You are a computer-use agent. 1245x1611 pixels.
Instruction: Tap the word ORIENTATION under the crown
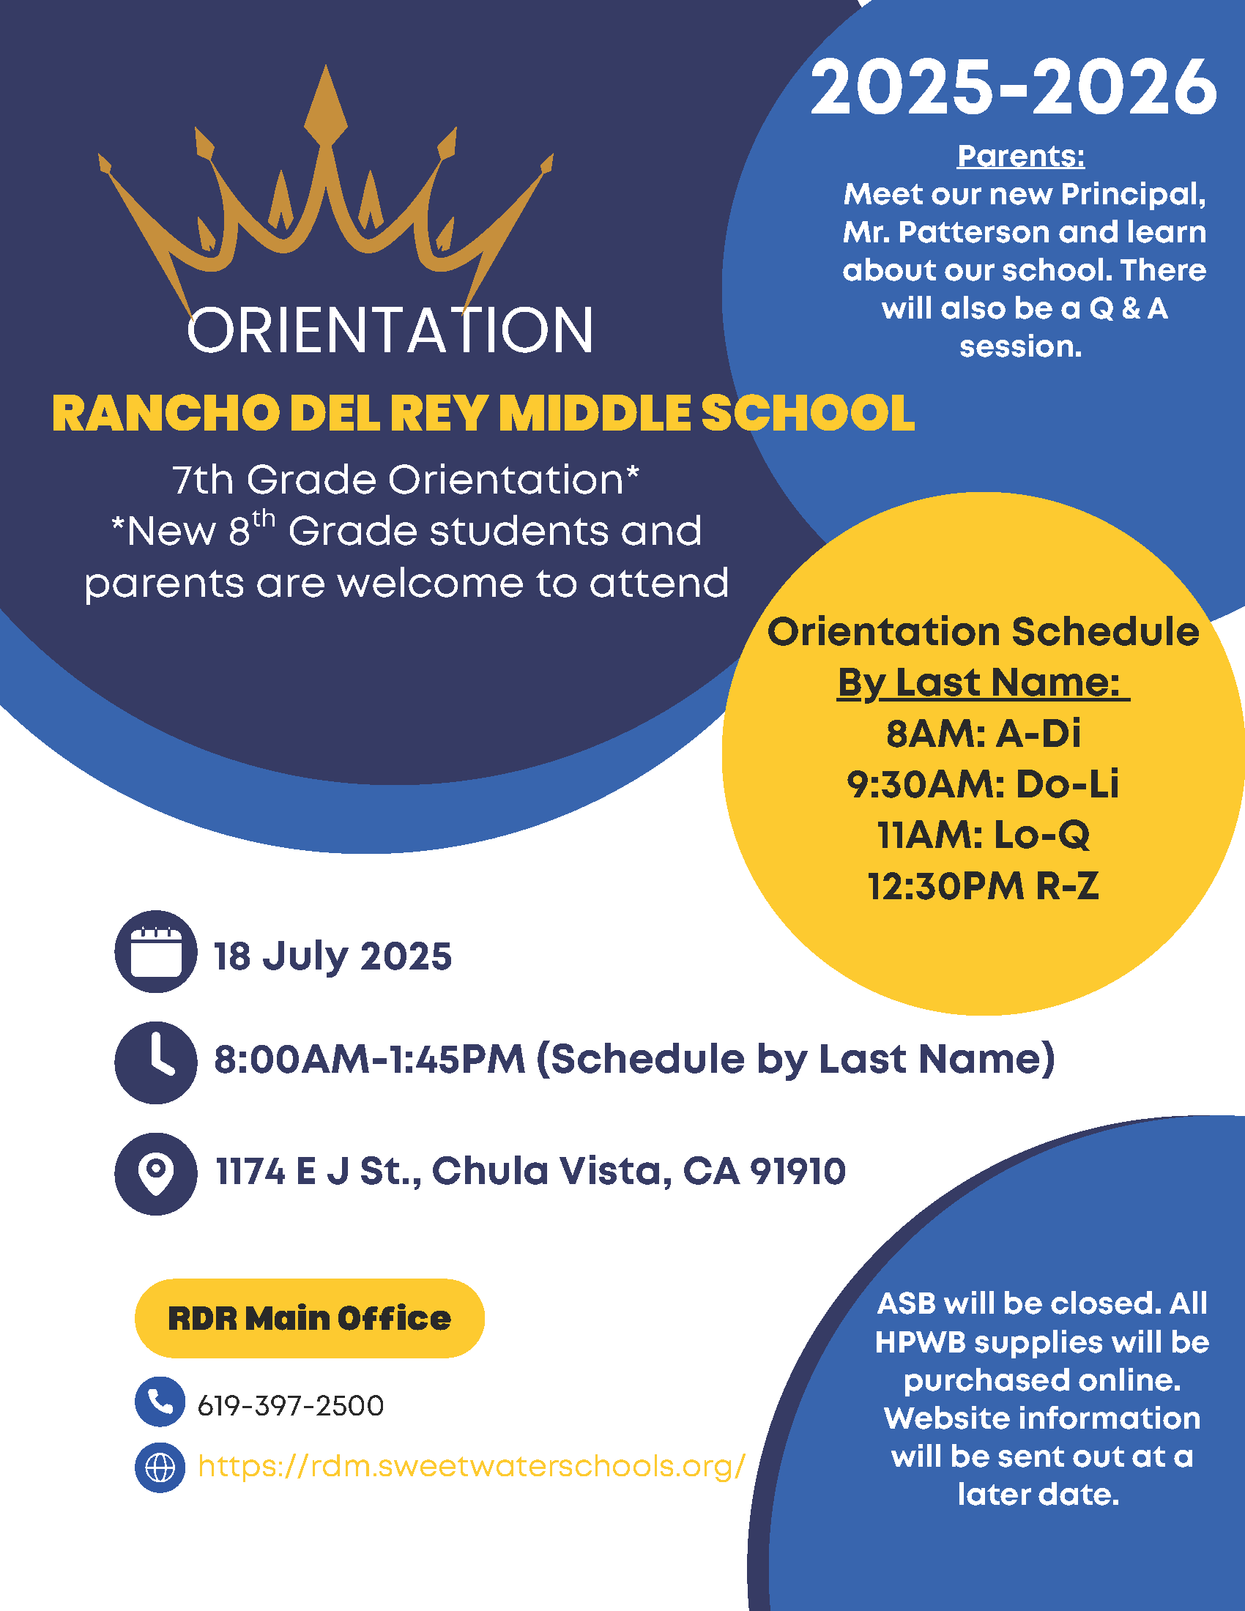390,330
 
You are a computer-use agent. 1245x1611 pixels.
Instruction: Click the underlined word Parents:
1021,157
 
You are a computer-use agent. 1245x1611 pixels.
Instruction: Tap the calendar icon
155,951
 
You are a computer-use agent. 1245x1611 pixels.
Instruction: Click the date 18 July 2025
332,956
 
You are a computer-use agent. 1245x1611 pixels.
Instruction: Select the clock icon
155,1063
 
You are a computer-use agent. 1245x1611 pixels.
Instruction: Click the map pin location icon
155,1174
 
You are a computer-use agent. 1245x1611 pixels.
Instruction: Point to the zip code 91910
798,1171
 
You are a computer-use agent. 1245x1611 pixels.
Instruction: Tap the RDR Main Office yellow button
310,1318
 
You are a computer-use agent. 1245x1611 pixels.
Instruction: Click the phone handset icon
160,1402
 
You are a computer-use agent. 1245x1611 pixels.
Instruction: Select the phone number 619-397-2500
291,1406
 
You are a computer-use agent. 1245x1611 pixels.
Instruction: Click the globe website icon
160,1467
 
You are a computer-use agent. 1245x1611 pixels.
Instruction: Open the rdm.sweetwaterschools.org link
472,1467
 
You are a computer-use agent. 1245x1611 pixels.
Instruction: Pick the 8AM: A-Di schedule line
983,734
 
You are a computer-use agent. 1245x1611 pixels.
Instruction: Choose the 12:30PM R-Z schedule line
983,887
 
